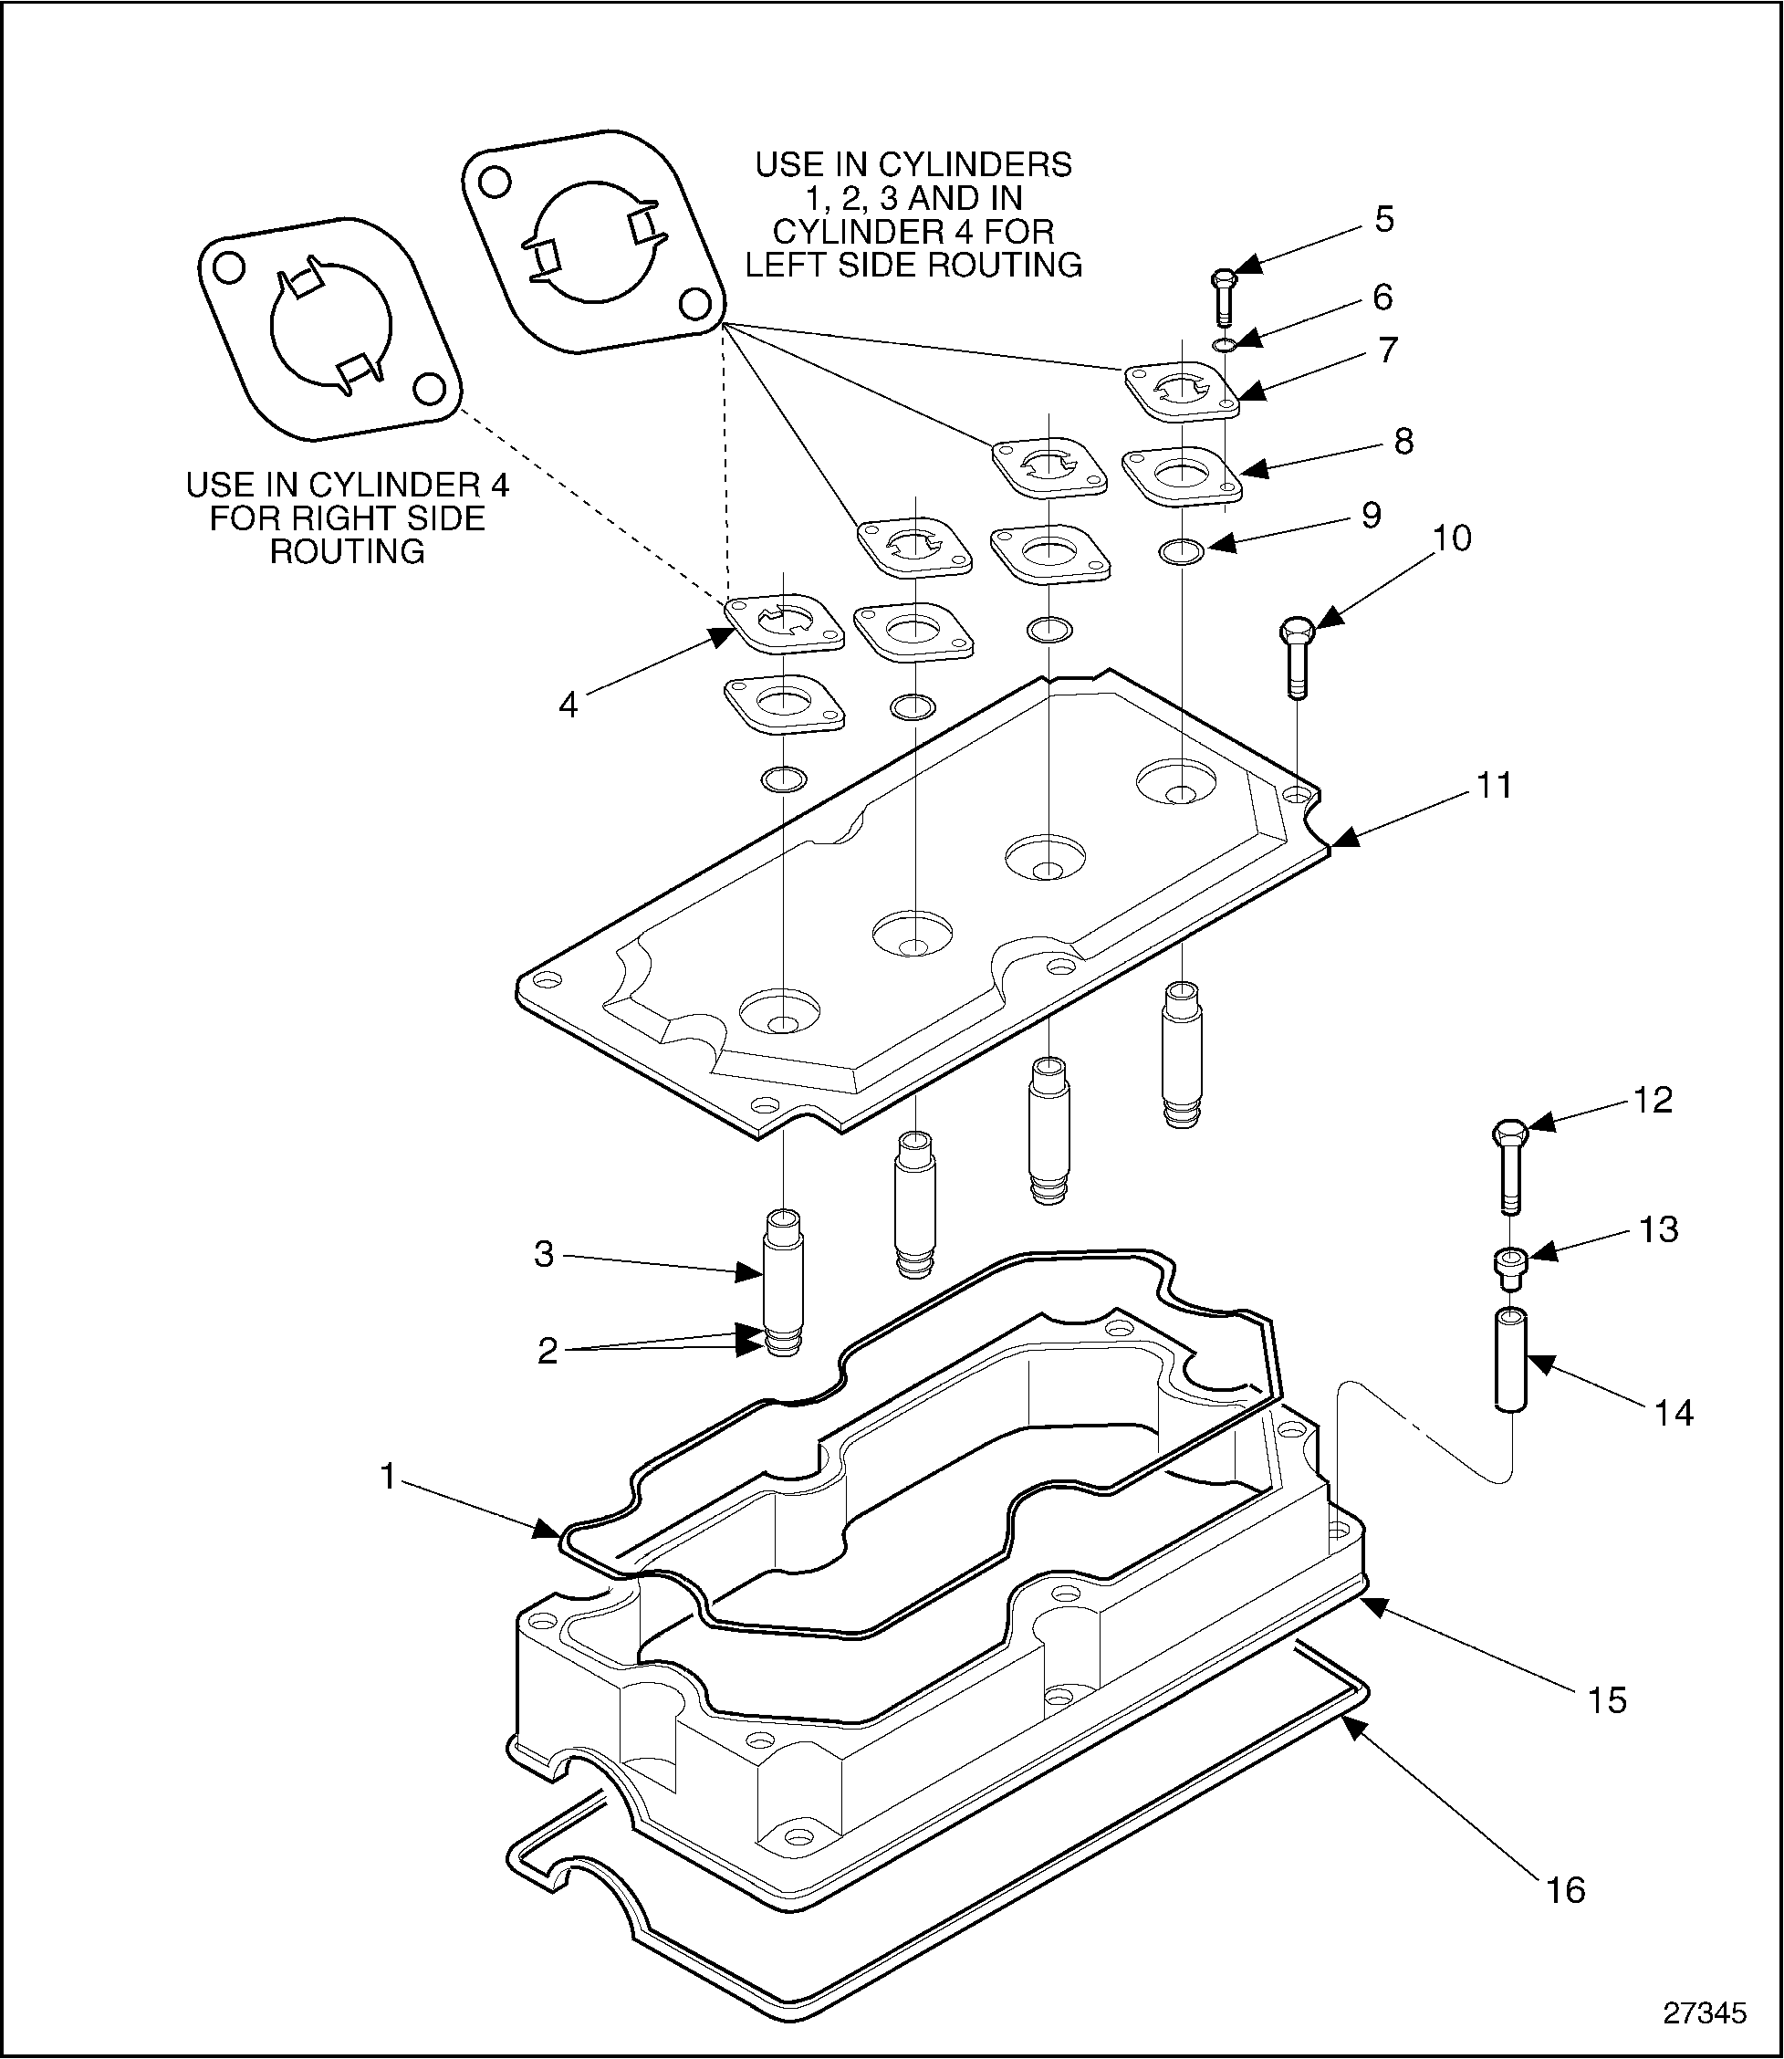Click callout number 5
[x=1383, y=219]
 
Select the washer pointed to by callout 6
[x=1226, y=344]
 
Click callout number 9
[x=1371, y=515]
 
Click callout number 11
[x=1493, y=786]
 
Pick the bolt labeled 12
[x=1509, y=1165]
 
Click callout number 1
[x=388, y=1477]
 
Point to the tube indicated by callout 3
[x=782, y=1274]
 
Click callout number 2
[x=548, y=1351]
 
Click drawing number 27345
[x=1706, y=2012]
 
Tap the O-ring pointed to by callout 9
[x=1182, y=550]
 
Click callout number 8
[x=1403, y=441]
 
